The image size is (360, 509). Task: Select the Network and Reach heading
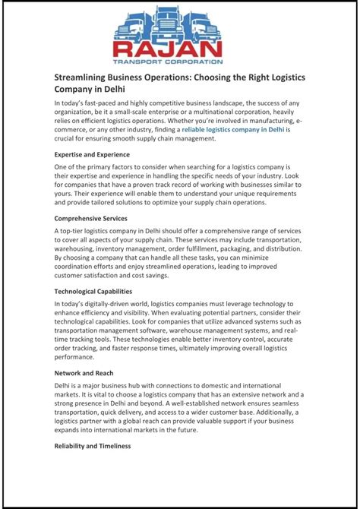coord(85,373)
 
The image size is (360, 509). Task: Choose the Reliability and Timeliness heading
coord(93,446)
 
